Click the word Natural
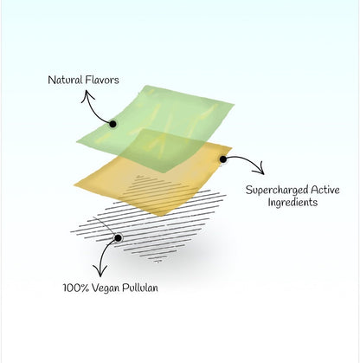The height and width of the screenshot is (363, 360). pos(65,80)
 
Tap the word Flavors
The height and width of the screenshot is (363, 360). pos(102,80)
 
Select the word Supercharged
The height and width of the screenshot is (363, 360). pos(277,191)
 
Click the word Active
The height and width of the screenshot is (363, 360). pos(325,190)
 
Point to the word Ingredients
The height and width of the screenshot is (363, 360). pos(292,202)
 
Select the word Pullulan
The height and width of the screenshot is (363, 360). pos(140,288)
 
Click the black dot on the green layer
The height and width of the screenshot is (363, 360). pos(112,124)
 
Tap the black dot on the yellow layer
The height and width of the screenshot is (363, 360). pos(222,159)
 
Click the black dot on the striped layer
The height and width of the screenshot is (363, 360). pos(118,238)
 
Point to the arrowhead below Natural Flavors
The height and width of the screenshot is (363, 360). pos(87,95)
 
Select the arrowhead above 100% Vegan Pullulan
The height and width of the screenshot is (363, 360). pos(100,271)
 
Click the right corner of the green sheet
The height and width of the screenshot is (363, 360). pos(234,104)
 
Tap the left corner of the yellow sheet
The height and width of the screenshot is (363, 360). pos(74,185)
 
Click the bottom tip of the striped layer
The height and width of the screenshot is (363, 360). pos(157,263)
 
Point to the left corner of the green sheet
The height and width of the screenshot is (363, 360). pos(77,141)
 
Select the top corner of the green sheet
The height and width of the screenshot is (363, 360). pos(146,86)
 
